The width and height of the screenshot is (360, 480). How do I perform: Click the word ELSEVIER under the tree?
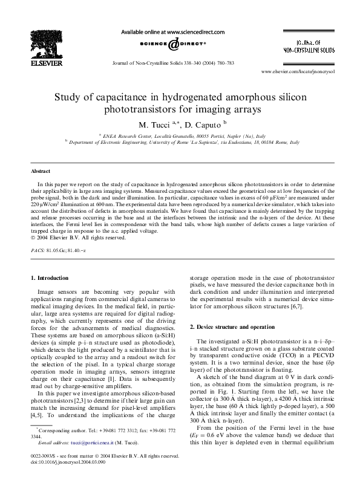pos(48,60)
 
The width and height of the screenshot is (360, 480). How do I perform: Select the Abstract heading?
pos(41,172)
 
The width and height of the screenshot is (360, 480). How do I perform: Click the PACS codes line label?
pos(39,249)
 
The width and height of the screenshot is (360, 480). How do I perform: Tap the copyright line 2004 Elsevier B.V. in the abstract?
pos(71,237)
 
